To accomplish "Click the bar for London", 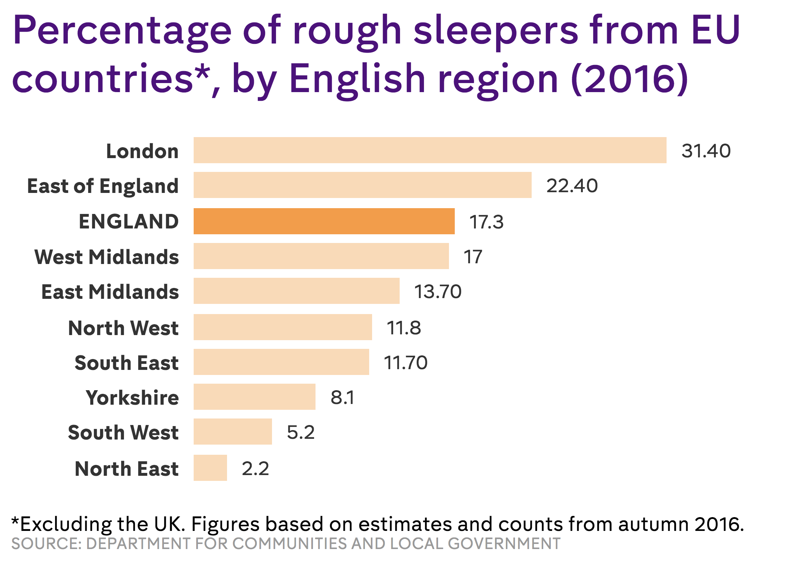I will (x=430, y=150).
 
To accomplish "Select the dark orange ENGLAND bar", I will (x=324, y=221).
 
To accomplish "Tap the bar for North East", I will (x=210, y=468).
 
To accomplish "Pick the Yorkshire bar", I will (x=254, y=397).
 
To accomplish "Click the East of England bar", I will (x=362, y=185).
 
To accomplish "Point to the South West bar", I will (x=232, y=432).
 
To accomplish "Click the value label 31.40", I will (x=706, y=151).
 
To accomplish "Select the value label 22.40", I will (x=572, y=186).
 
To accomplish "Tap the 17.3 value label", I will (x=486, y=222).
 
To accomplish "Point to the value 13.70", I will (x=438, y=292).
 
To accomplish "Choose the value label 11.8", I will (x=404, y=328).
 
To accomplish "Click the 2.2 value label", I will (x=255, y=469).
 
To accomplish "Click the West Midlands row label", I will (x=107, y=257).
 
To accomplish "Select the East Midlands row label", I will (x=110, y=292).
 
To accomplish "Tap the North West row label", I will (x=123, y=328).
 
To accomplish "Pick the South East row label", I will (x=127, y=363).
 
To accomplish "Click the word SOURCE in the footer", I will (x=45, y=544).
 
